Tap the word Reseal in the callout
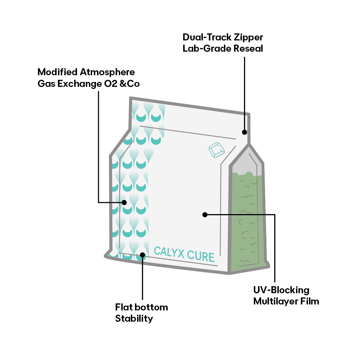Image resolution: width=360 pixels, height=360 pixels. pyautogui.click(x=248, y=49)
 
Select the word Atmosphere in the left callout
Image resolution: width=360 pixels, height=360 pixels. pyautogui.click(x=107, y=72)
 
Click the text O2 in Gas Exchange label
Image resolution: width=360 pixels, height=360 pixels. pyautogui.click(x=110, y=84)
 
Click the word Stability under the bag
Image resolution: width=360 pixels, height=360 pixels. pyautogui.click(x=134, y=319)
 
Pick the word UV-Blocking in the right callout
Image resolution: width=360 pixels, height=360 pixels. pyautogui.click(x=281, y=290)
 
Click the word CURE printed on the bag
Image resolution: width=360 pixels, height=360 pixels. pyautogui.click(x=201, y=256)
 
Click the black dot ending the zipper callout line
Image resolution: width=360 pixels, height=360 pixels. pyautogui.click(x=244, y=132)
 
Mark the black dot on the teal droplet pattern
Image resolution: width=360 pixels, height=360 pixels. pyautogui.click(x=124, y=202)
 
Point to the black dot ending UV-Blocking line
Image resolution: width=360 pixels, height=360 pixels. pyautogui.click(x=205, y=214)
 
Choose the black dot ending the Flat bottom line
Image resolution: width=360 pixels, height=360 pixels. pyautogui.click(x=142, y=255)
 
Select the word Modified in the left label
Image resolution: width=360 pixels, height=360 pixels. pyautogui.click(x=57, y=72)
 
